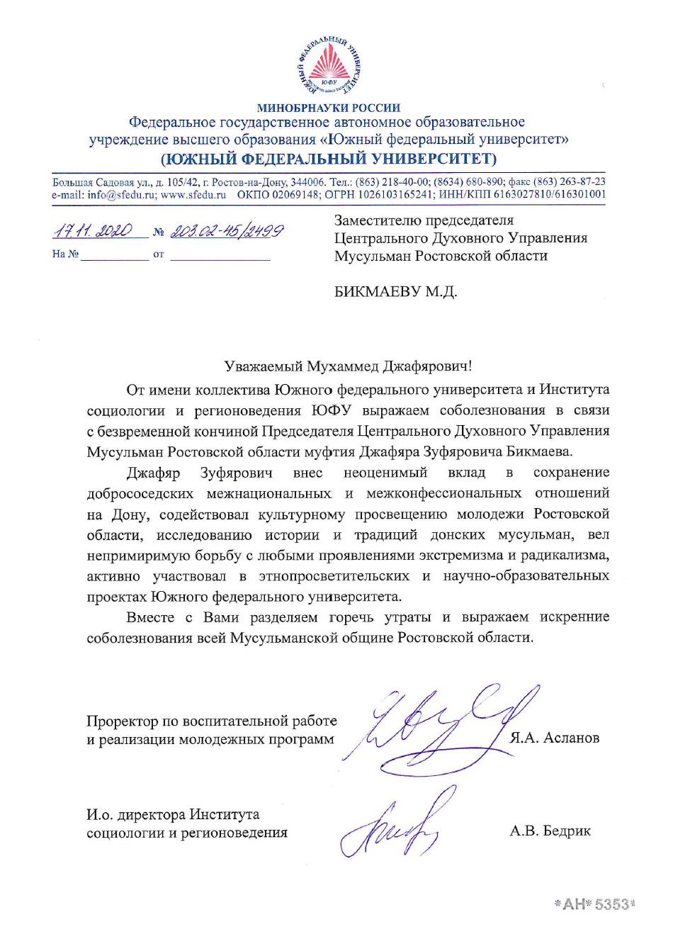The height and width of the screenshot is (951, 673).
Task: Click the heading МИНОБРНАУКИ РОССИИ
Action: [329, 108]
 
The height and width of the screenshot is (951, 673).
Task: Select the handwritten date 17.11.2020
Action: [94, 231]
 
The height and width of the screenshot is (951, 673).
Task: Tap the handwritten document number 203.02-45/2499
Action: [227, 231]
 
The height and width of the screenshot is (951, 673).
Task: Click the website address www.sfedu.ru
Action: [193, 194]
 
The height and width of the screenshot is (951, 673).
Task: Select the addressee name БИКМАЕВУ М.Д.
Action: [395, 291]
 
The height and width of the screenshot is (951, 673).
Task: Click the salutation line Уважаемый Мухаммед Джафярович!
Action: [348, 366]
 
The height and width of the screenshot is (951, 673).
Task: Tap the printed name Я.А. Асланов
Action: [554, 738]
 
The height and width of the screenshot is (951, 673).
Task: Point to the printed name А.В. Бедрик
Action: [550, 831]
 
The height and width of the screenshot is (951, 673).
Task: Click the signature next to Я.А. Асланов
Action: [439, 730]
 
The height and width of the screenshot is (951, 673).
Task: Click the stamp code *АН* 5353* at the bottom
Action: [594, 904]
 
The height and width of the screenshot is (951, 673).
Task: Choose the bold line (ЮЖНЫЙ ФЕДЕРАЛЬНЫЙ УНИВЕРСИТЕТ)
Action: [329, 158]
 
